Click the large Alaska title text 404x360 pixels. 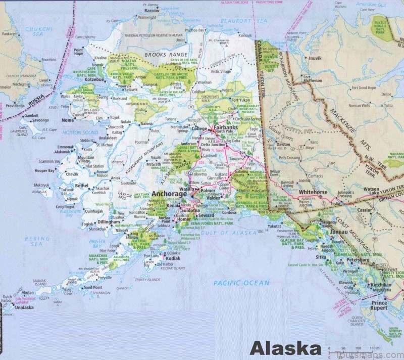[285, 349]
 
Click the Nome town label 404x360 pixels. [67, 120]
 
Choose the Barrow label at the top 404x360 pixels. [151, 10]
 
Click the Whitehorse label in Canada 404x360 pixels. [313, 193]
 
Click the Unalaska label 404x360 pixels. [23, 307]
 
